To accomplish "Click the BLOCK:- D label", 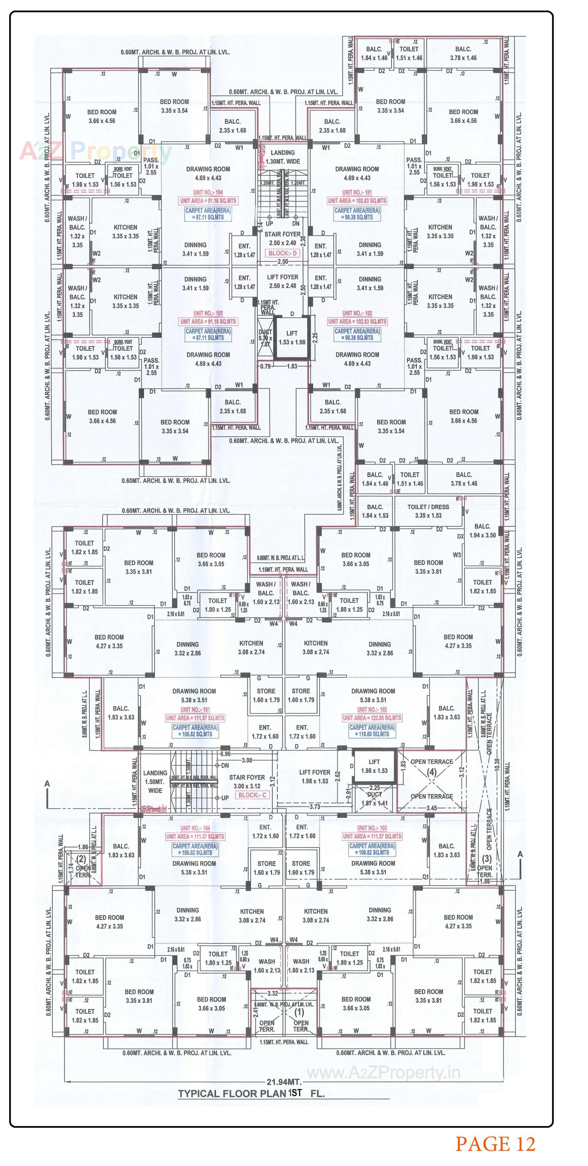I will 282,253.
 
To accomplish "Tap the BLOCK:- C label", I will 252,795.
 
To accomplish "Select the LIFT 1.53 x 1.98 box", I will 292,338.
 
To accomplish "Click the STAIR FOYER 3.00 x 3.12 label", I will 247,782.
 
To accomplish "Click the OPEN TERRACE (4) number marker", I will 432,772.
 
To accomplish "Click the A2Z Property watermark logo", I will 95,151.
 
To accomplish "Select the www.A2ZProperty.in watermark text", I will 383,1073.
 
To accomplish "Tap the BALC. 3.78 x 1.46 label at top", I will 463,53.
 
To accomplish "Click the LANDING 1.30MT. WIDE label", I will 282,157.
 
